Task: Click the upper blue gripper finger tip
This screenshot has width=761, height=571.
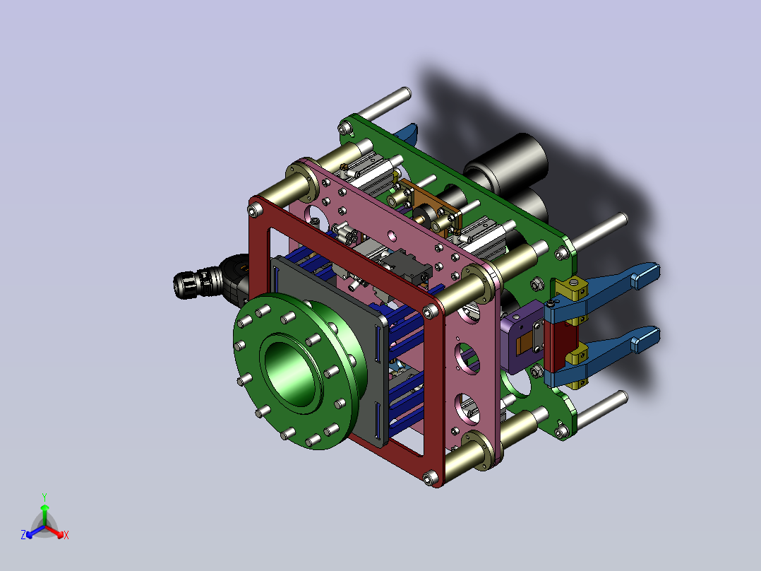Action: coord(645,276)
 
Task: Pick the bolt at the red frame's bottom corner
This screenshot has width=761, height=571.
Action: coord(429,478)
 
